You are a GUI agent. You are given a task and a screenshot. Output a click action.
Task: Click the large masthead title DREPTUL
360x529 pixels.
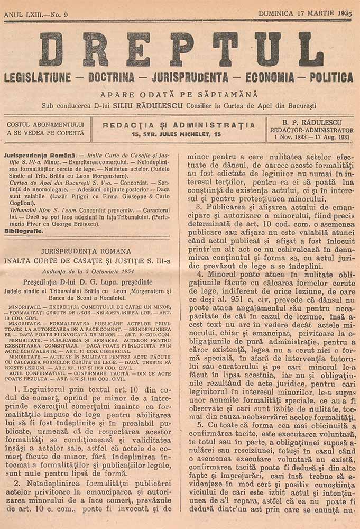point(180,50)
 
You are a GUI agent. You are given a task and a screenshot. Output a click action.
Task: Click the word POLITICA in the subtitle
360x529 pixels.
point(331,78)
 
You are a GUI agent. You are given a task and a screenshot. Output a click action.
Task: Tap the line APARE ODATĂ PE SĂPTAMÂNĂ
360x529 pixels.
point(180,95)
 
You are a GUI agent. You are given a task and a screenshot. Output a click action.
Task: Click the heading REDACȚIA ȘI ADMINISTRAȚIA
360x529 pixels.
point(178,125)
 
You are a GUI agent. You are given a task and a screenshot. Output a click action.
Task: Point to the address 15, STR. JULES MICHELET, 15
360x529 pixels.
point(178,135)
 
